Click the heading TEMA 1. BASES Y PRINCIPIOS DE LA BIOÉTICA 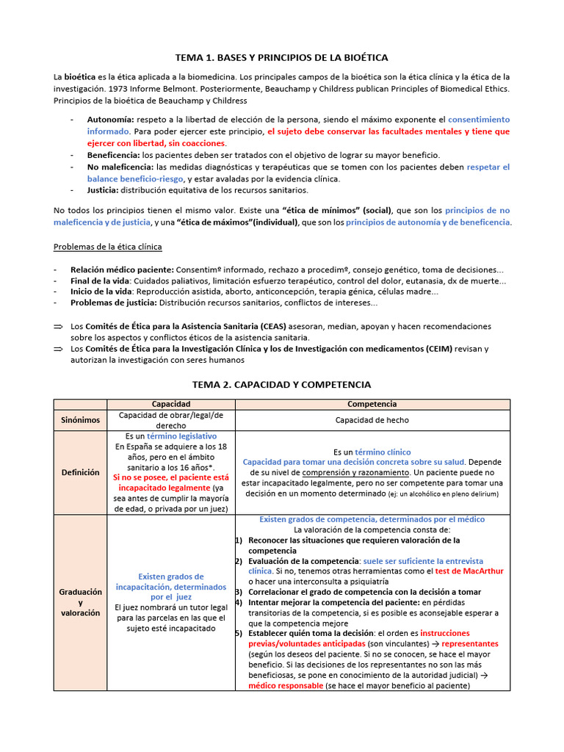(x=281, y=57)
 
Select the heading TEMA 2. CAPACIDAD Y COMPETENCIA (x=281, y=384)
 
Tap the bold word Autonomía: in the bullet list (x=110, y=119)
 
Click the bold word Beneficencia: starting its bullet (x=114, y=155)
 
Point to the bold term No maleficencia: (x=120, y=167)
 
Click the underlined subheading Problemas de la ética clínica (x=108, y=246)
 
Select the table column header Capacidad (x=170, y=404)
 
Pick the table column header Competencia (x=372, y=404)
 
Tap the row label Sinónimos (x=80, y=420)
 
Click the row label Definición (x=80, y=472)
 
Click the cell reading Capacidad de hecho (x=372, y=420)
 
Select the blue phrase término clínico (x=383, y=452)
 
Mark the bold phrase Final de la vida (x=100, y=281)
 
